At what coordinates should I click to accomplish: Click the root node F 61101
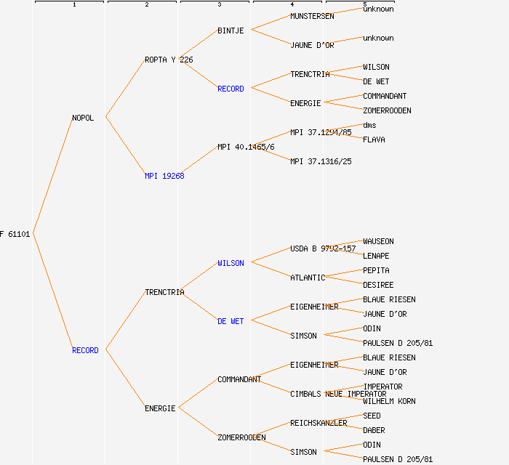pos(15,234)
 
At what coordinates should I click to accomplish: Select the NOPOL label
pos(83,118)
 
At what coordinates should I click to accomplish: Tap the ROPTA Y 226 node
pos(169,60)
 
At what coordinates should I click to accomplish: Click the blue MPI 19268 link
pos(164,176)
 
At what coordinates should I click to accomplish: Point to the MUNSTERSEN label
pos(312,16)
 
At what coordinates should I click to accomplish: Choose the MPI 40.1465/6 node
pos(246,147)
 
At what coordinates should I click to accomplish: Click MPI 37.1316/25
pos(321,161)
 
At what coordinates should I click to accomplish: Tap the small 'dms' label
pos(369,125)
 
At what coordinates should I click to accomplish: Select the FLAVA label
pos(374,139)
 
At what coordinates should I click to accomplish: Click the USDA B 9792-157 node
pos(323,248)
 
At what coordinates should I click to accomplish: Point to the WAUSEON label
pos(378,241)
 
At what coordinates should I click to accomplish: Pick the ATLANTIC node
pos(308,278)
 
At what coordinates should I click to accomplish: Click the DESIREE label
pos(378,285)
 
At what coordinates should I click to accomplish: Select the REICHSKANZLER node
pos(318,423)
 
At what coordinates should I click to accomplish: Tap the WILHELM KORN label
pos(389,401)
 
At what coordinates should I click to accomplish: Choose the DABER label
pos(374,430)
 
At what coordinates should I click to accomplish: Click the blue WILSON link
pos(231,263)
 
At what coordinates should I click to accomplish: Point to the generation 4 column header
pos(291,5)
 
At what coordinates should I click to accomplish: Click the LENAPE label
pos(376,256)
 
